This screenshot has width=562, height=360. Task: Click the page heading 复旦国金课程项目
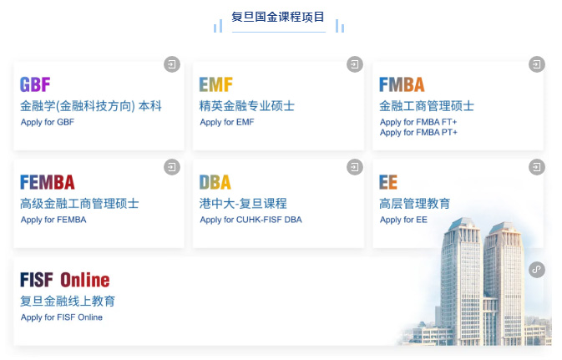click(x=278, y=17)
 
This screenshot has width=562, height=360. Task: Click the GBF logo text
click(x=35, y=84)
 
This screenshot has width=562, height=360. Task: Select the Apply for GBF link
click(x=48, y=122)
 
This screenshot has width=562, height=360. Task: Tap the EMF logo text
click(x=215, y=84)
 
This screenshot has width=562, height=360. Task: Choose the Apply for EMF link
click(x=227, y=122)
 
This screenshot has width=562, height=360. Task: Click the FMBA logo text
click(x=402, y=84)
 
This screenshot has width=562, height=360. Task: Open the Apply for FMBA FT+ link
click(x=418, y=122)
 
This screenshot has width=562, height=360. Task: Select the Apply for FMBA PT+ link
click(x=418, y=133)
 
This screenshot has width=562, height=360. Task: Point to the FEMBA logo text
click(x=48, y=182)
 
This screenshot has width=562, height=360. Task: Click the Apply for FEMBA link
click(x=53, y=220)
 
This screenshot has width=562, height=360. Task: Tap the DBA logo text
click(x=215, y=182)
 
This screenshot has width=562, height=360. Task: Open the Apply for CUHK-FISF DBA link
click(x=251, y=220)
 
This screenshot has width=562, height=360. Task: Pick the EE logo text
click(x=388, y=182)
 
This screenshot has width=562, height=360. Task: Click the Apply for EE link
click(x=403, y=220)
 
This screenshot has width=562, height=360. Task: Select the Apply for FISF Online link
click(x=62, y=317)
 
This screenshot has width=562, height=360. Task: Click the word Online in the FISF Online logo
click(x=85, y=280)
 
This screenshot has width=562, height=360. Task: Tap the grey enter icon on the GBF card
click(x=172, y=64)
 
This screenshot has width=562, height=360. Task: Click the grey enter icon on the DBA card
click(x=355, y=167)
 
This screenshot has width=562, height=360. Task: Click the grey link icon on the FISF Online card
click(x=537, y=270)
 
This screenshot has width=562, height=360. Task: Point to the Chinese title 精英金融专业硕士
click(x=247, y=106)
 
